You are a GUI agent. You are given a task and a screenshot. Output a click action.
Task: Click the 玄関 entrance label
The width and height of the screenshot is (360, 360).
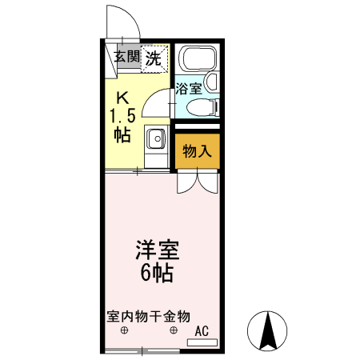pyautogui.click(x=126, y=57)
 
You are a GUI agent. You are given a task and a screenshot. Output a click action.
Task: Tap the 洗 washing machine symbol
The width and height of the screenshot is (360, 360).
pyautogui.click(x=154, y=58)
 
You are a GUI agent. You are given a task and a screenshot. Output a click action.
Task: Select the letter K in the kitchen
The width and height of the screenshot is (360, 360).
pyautogui.click(x=122, y=99)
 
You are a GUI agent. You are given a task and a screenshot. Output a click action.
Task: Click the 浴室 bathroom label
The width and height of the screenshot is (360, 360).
pyautogui.click(x=189, y=89)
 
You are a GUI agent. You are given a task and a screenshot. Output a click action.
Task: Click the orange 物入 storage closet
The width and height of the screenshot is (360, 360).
pyautogui.click(x=195, y=150)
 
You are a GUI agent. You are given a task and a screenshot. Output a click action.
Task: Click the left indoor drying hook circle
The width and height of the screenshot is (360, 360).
pyautogui.click(x=124, y=330)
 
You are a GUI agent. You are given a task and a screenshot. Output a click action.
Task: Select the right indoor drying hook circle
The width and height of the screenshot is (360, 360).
pyautogui.click(x=174, y=330)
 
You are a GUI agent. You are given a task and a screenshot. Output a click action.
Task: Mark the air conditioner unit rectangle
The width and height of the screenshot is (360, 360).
pyautogui.click(x=202, y=342)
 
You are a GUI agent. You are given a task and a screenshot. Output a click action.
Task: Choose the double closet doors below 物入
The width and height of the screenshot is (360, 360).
pyautogui.click(x=197, y=181)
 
